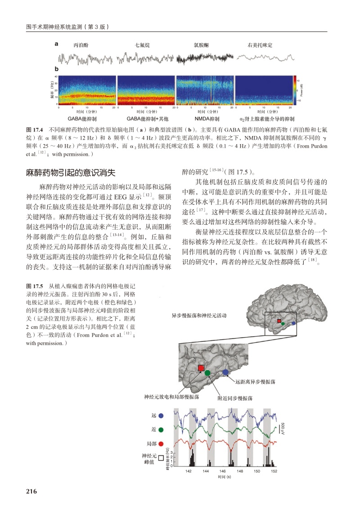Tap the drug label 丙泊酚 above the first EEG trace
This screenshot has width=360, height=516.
(x=81, y=45)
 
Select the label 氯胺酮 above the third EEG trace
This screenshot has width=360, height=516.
(x=201, y=45)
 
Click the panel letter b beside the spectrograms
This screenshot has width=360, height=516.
(x=57, y=69)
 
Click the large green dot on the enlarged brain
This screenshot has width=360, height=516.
(x=207, y=373)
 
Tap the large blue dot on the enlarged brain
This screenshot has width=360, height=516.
(x=226, y=372)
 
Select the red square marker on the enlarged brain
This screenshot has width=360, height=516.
(x=201, y=368)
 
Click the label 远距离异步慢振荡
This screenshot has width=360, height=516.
(x=255, y=382)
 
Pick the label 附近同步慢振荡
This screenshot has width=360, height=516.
(x=235, y=398)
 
